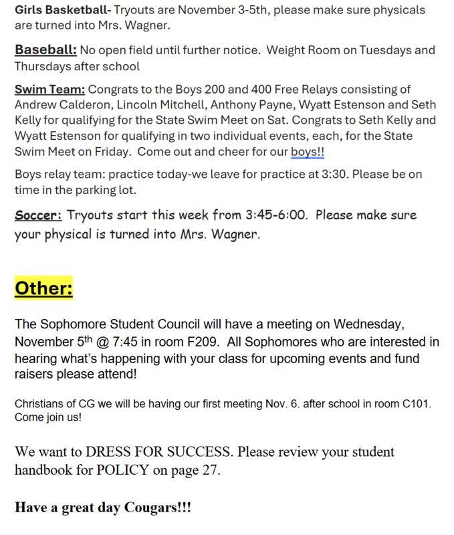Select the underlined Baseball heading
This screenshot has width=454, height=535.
click(45, 50)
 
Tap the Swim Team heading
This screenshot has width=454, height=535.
click(49, 89)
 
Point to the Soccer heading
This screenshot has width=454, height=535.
click(38, 215)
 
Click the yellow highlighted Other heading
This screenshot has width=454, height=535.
click(43, 288)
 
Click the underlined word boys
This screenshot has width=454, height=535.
click(304, 152)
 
